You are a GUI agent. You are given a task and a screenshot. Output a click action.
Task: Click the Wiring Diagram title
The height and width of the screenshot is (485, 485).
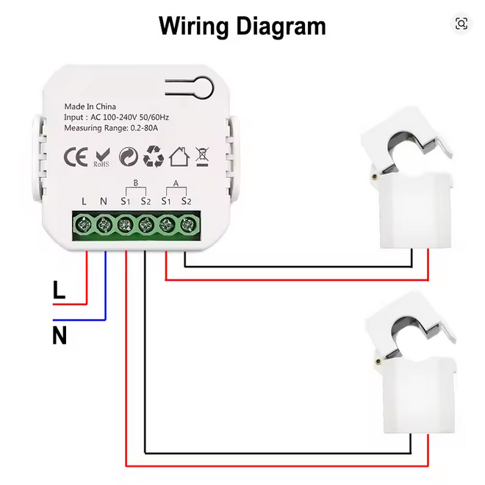(x=242, y=26)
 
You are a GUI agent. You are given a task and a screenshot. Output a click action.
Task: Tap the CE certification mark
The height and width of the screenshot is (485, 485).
(x=76, y=157)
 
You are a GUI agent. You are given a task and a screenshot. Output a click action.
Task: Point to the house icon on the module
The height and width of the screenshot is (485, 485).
(x=179, y=156)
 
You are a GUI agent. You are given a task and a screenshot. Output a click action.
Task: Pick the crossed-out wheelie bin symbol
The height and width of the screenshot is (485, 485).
(x=202, y=156)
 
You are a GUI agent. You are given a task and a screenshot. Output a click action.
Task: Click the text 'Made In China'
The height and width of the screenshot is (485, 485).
(x=90, y=107)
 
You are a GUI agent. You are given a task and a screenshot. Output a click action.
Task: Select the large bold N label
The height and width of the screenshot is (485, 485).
(x=60, y=337)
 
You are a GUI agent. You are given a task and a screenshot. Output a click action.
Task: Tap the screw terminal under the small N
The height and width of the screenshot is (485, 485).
(x=105, y=223)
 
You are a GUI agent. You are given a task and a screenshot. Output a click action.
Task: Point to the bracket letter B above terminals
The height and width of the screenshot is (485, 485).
(x=135, y=184)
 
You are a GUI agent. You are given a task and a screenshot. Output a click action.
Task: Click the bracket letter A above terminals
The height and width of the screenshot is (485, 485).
(x=176, y=184)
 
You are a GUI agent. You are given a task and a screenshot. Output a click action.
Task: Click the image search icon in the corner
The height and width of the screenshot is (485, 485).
(x=461, y=24)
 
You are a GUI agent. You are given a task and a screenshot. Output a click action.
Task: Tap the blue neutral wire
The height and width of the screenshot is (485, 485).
(x=105, y=294)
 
